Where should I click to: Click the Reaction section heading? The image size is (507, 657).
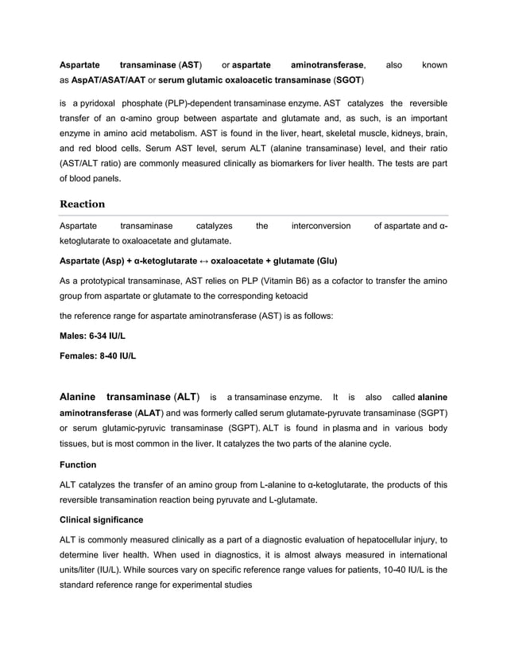coord(82,204)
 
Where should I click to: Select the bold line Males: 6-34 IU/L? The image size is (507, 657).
coord(92,336)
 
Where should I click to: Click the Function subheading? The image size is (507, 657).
coord(78,465)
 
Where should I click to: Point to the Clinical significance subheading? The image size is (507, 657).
coord(101,519)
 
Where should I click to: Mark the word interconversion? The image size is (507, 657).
coord(321,226)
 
